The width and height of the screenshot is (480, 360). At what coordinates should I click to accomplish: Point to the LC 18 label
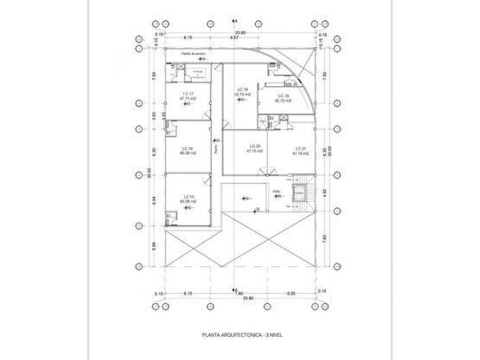pos(242,90)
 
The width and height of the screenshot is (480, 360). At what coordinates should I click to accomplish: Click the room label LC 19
pos(283,95)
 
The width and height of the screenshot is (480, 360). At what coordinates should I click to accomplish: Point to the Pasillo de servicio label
pos(193,54)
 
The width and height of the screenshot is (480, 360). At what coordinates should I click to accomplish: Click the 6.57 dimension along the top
pos(234,38)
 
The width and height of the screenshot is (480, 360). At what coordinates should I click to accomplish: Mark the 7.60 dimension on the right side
pos(324,241)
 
